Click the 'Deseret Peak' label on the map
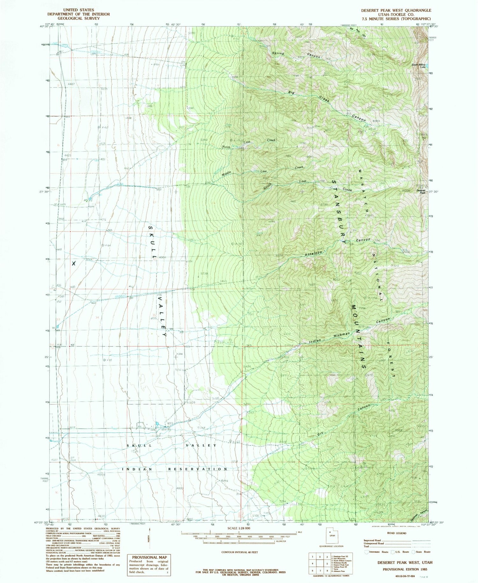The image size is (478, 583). click(421, 191)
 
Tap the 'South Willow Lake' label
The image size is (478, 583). click(418, 66)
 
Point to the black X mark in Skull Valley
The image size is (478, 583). click(74, 263)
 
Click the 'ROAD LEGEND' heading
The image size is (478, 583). click(397, 533)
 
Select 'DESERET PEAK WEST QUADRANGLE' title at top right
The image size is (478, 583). click(396, 10)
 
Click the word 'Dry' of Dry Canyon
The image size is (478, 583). click(320, 434)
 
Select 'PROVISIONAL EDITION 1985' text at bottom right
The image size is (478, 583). click(405, 569)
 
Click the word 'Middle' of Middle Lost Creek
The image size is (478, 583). click(226, 174)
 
